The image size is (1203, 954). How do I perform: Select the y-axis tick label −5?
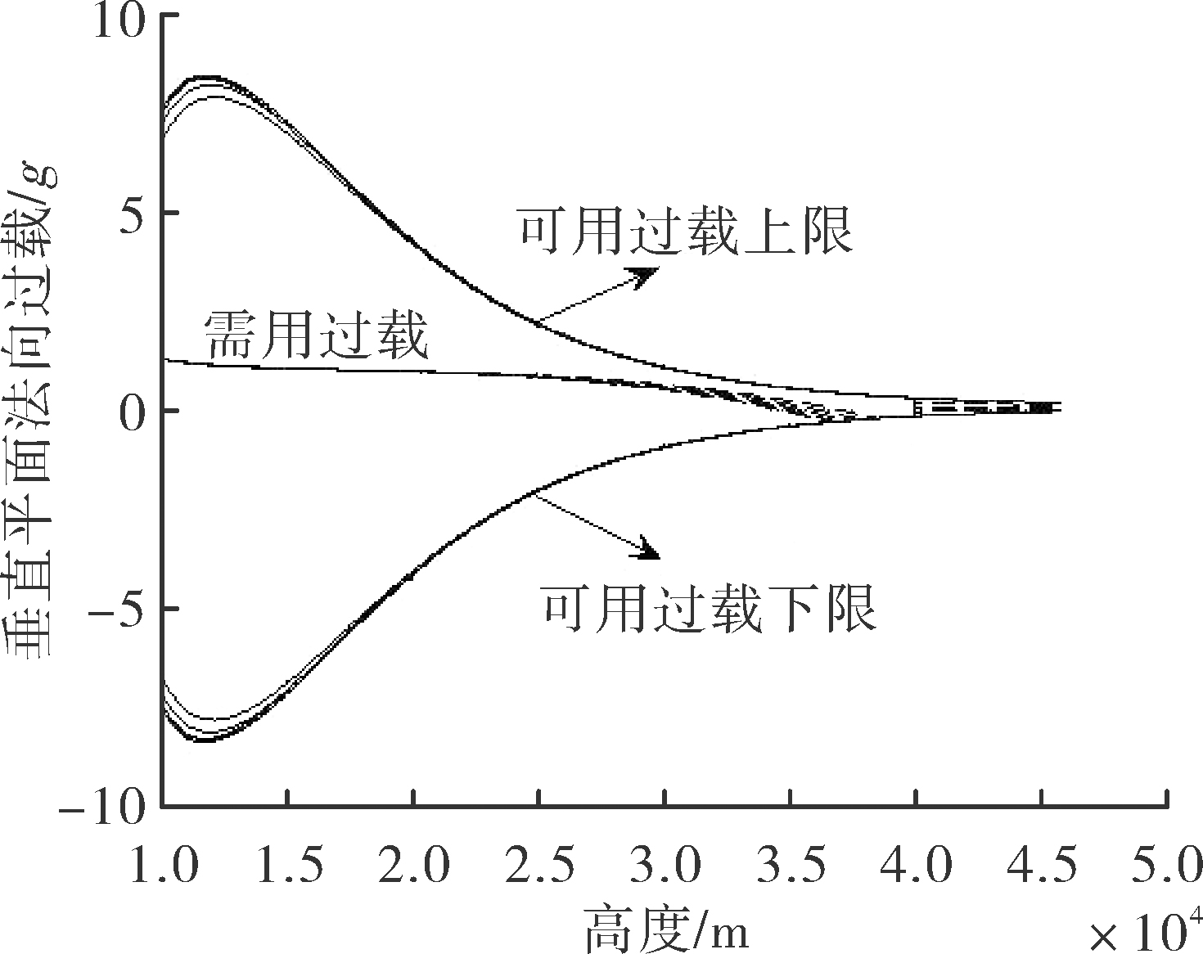(116, 611)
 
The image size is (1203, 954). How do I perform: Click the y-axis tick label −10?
(101, 809)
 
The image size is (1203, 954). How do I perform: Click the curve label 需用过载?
(317, 336)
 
